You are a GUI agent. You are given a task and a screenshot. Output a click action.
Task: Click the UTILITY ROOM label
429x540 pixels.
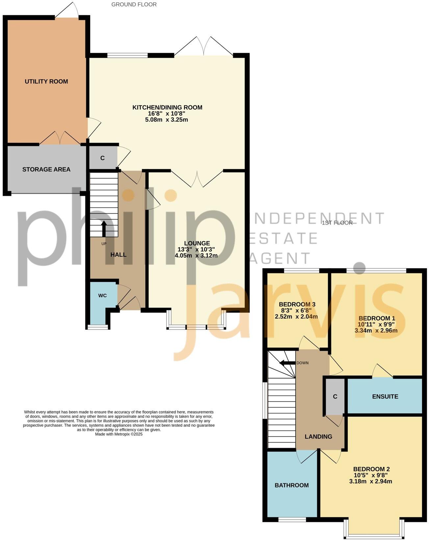(46, 81)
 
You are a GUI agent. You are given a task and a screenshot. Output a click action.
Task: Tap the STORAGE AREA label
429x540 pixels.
(46, 169)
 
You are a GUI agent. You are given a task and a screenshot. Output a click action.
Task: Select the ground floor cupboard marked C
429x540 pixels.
(102, 158)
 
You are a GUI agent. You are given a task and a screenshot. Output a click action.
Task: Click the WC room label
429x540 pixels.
(102, 295)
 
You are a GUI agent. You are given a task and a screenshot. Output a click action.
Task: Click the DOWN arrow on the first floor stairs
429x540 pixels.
(287, 363)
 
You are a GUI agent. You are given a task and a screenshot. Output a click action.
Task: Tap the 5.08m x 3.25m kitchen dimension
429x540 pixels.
(166, 120)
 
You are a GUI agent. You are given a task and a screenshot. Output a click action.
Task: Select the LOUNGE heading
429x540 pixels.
(197, 243)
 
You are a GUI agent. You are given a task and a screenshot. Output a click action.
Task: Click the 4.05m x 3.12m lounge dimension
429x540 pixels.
(196, 255)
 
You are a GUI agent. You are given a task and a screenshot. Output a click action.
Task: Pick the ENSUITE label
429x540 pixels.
(385, 396)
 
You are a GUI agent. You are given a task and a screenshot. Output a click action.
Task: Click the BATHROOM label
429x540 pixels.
(291, 485)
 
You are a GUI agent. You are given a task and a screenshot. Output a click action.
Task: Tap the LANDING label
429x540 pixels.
(318, 437)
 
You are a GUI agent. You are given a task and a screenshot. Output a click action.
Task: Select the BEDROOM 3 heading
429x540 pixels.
(297, 304)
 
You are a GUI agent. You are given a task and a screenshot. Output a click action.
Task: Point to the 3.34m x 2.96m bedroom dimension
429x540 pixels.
(376, 330)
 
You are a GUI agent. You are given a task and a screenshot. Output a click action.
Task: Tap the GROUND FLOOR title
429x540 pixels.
(134, 4)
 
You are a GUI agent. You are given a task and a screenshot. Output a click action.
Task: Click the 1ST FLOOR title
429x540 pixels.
(337, 223)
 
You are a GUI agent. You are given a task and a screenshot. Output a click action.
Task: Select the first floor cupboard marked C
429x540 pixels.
(335, 396)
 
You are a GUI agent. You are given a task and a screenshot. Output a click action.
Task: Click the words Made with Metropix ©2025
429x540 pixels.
(119, 434)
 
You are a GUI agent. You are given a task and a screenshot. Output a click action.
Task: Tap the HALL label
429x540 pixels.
(118, 255)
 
